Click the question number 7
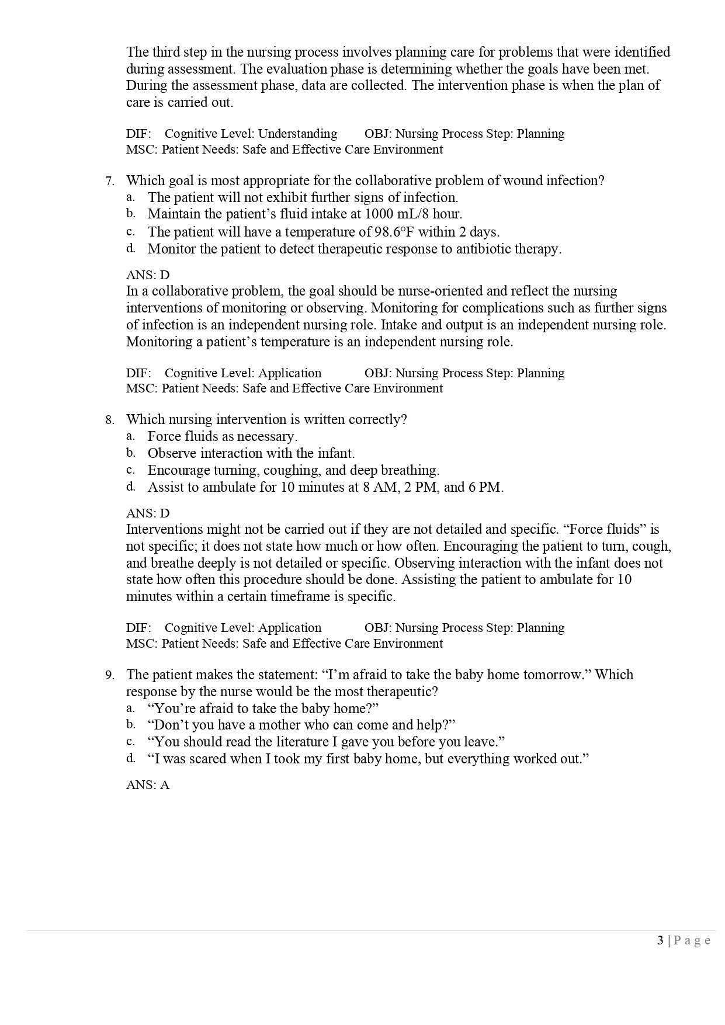(109, 181)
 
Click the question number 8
(109, 420)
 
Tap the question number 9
(109, 675)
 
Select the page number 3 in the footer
(660, 940)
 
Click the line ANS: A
(148, 784)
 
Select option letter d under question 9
(131, 758)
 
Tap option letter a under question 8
(131, 436)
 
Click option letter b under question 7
(131, 213)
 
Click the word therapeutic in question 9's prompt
(400, 692)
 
